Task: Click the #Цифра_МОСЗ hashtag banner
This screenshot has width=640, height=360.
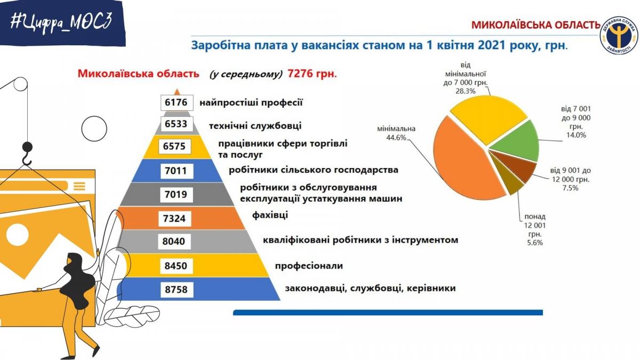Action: tap(62, 23)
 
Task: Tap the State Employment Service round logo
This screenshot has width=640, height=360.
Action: tap(619, 35)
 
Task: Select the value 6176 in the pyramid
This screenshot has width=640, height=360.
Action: tap(177, 102)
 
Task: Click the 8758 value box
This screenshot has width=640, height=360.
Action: tap(177, 290)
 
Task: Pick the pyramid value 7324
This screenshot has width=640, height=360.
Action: tap(174, 219)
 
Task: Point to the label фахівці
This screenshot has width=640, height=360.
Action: tap(270, 215)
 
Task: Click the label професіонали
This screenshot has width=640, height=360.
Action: tap(309, 266)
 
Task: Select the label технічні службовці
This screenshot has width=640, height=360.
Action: tap(255, 126)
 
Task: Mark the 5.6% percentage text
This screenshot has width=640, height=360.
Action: tap(535, 243)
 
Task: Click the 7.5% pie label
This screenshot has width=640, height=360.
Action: tap(570, 188)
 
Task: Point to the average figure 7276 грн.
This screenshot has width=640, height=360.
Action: tap(313, 74)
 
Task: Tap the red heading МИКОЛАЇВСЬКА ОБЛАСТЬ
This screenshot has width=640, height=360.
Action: tap(535, 25)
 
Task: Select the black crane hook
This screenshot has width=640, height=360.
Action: tap(27, 154)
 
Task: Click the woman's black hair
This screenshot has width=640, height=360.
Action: tap(78, 282)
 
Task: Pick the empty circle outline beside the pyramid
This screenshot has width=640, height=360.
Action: tap(94, 129)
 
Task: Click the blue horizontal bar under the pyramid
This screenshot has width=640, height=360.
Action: tap(388, 313)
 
